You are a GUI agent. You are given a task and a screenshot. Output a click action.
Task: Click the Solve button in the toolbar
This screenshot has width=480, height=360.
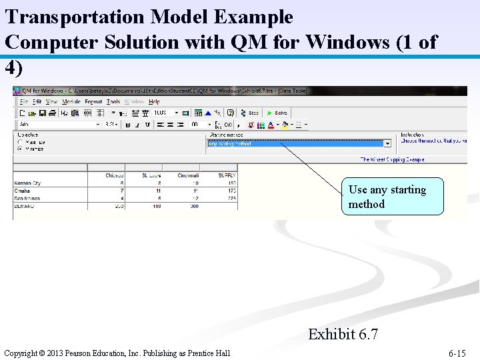pyautogui.click(x=277, y=113)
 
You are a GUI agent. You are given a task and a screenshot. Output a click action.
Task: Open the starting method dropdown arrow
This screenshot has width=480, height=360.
pyautogui.click(x=387, y=143)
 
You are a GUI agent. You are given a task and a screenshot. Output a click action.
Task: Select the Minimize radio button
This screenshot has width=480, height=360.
pyautogui.click(x=19, y=149)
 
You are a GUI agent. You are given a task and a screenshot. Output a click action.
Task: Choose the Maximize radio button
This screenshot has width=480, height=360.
pyautogui.click(x=19, y=142)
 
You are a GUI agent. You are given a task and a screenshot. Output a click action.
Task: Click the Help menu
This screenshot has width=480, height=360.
pyautogui.click(x=154, y=102)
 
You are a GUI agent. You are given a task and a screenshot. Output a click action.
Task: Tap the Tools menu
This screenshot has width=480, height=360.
pyautogui.click(x=113, y=102)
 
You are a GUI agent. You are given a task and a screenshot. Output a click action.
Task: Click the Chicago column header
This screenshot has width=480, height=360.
pyautogui.click(x=115, y=176)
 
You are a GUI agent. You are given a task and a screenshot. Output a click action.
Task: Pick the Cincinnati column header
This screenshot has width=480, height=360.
pyautogui.click(x=187, y=176)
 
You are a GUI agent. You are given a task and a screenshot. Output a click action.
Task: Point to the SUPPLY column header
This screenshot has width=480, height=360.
pyautogui.click(x=227, y=176)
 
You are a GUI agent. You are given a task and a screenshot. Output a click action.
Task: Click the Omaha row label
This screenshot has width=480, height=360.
pyautogui.click(x=22, y=191)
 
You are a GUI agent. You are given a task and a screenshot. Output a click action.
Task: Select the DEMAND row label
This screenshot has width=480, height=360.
pyautogui.click(x=23, y=206)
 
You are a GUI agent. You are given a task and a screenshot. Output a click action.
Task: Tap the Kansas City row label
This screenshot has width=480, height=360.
pyautogui.click(x=27, y=183)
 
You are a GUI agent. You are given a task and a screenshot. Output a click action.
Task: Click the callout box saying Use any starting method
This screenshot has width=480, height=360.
pyautogui.click(x=394, y=197)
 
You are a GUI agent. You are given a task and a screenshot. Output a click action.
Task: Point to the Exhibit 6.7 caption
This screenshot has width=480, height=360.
pyautogui.click(x=343, y=334)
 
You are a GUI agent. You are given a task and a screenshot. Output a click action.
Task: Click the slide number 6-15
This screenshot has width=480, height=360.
pyautogui.click(x=457, y=353)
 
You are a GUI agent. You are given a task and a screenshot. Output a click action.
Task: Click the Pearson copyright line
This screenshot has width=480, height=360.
pyautogui.click(x=117, y=353)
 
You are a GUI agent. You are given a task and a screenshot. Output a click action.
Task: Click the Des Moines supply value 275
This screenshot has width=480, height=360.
pyautogui.click(x=231, y=199)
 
